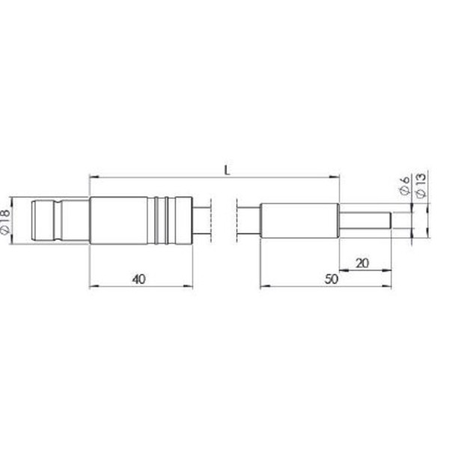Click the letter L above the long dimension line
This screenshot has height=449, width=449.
click(226, 170)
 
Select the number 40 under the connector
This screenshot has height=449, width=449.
click(138, 278)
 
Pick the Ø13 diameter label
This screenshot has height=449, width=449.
click(420, 185)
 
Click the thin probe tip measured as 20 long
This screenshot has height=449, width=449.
click(365, 222)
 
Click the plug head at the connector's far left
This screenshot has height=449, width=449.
click(46, 220)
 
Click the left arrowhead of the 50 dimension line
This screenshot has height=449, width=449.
click(263, 286)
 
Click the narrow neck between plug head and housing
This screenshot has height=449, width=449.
click(75, 220)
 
